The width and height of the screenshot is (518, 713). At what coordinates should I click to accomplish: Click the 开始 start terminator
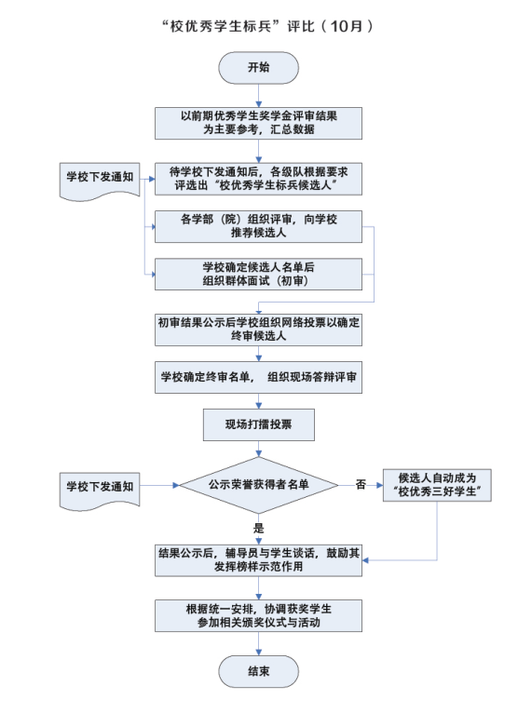(x=259, y=68)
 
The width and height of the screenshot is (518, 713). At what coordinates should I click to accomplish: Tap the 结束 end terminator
(x=259, y=671)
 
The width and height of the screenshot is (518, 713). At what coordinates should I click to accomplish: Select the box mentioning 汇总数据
(x=259, y=123)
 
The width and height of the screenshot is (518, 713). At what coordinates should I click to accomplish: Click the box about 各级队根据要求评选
(x=259, y=179)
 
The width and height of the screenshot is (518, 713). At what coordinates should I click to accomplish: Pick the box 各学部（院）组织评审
(x=259, y=226)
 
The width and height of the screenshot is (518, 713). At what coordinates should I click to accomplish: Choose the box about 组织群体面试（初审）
(x=259, y=275)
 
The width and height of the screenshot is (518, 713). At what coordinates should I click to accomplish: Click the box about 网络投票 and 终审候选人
(x=259, y=330)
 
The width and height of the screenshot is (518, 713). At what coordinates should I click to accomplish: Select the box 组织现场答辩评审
(x=259, y=377)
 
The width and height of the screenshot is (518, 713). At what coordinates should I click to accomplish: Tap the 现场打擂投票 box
(x=259, y=424)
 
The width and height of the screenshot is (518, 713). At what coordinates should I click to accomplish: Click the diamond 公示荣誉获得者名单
(x=259, y=485)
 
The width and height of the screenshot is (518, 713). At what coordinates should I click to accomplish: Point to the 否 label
(x=361, y=485)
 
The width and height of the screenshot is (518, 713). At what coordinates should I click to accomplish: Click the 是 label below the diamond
(x=259, y=528)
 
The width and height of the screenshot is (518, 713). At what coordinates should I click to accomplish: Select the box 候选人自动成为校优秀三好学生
(x=437, y=485)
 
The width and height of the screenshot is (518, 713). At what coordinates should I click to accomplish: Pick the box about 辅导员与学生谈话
(x=259, y=560)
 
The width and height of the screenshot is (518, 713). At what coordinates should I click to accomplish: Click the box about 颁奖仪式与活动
(x=259, y=615)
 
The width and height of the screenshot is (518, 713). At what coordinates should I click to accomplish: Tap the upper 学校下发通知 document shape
(x=100, y=181)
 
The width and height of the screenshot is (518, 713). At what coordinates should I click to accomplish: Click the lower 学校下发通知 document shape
(x=100, y=491)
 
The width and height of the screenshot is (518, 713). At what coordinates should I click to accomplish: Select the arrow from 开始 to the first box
(x=259, y=96)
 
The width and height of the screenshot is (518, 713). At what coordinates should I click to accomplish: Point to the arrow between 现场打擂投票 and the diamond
(x=259, y=449)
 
